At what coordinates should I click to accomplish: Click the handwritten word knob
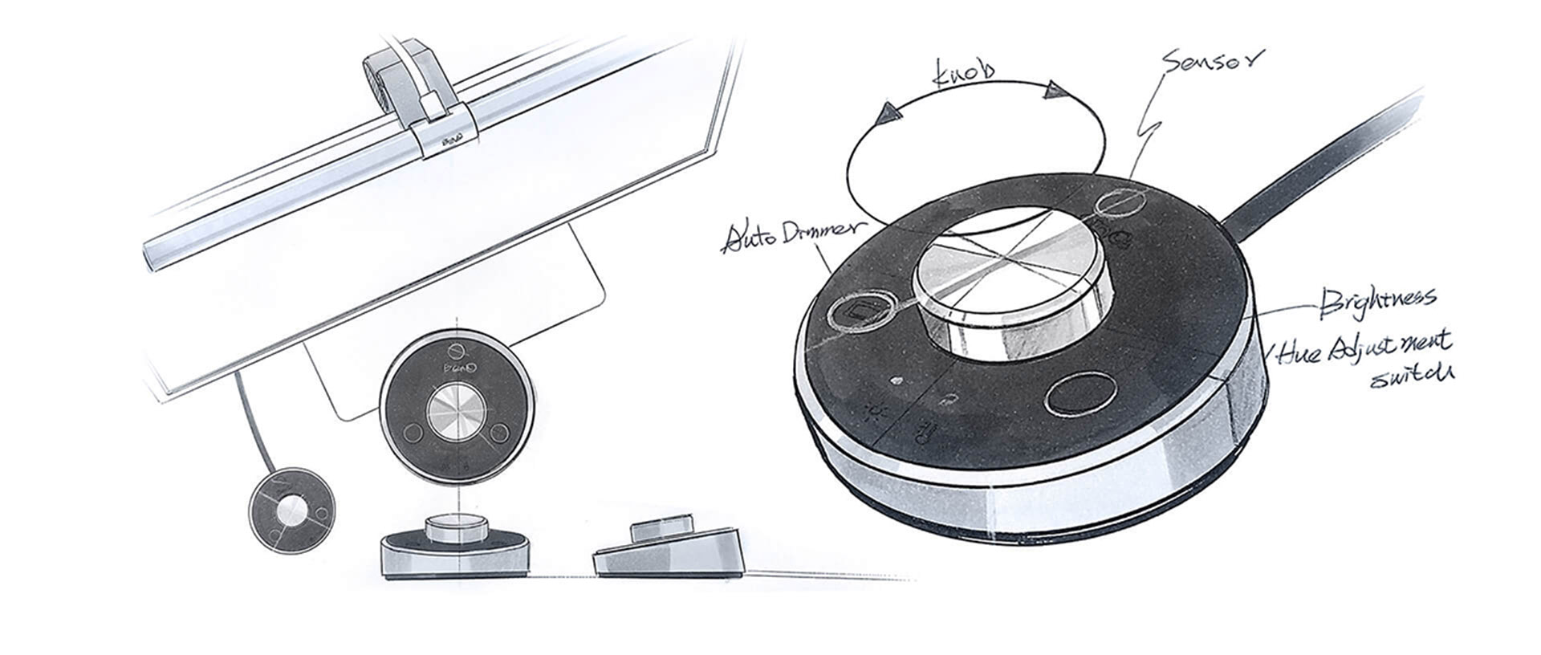point(964,73)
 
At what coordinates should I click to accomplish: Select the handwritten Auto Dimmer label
point(791,235)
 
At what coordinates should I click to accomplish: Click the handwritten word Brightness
point(1377,301)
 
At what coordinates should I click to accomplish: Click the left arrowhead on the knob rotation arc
point(889,113)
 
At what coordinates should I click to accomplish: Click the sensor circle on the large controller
point(1118,203)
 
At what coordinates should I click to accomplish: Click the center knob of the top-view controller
point(455,413)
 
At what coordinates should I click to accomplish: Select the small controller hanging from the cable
point(292,509)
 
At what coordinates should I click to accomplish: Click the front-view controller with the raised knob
point(454,550)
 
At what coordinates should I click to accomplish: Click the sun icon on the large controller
point(874,412)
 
